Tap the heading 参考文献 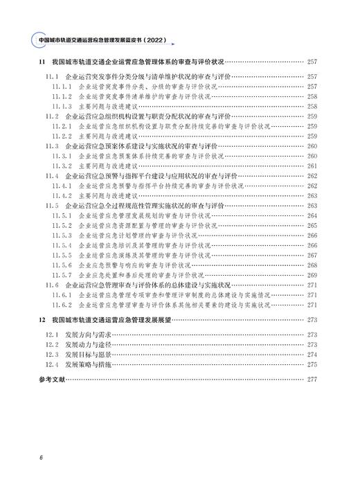(53, 380)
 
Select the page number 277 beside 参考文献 (311, 380)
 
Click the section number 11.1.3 (63, 106)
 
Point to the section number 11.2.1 (63, 126)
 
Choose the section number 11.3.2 (63, 166)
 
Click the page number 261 (311, 166)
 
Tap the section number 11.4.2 (63, 196)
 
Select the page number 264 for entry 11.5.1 (311, 216)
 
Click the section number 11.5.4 (63, 246)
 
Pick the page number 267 (311, 256)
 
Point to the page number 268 (311, 265)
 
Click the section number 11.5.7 (63, 276)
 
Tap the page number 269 (311, 276)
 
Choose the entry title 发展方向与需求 (87, 335)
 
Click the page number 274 (311, 355)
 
